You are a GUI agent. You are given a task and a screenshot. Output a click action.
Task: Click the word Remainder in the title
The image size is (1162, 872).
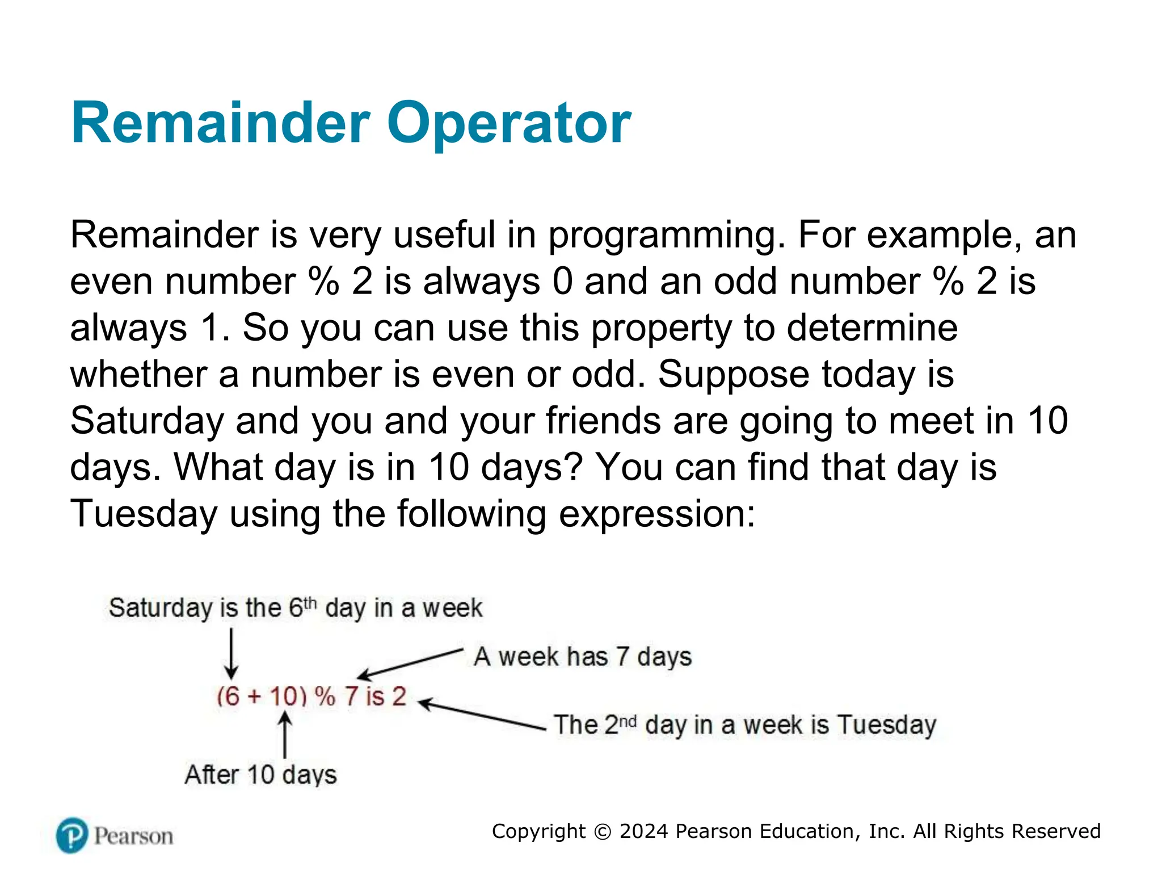tap(221, 123)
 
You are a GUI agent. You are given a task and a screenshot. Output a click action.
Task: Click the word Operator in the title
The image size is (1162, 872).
tap(508, 123)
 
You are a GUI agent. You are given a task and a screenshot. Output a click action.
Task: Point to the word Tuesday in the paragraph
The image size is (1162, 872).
tap(144, 514)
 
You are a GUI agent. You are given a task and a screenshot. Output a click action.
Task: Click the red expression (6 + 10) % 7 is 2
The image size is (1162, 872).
tap(311, 697)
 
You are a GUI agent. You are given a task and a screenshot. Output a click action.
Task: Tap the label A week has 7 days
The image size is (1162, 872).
tap(583, 657)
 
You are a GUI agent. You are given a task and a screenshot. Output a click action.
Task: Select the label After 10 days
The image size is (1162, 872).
tap(260, 775)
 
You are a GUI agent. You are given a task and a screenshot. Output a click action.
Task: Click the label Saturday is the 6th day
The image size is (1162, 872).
tap(295, 608)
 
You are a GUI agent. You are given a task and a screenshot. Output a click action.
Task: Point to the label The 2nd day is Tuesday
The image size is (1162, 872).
tap(744, 725)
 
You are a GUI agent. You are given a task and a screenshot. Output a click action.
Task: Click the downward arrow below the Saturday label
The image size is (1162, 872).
tap(231, 653)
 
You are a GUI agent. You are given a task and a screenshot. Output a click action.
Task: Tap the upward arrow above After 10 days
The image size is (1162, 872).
tap(285, 736)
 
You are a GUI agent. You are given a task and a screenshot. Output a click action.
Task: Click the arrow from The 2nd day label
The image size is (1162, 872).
tap(482, 715)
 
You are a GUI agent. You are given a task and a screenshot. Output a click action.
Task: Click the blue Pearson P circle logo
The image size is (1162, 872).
tap(72, 836)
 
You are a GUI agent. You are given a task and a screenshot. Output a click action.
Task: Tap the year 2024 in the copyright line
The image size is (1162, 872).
tap(643, 831)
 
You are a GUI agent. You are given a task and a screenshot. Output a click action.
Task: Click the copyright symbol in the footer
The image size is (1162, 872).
tap(602, 832)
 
